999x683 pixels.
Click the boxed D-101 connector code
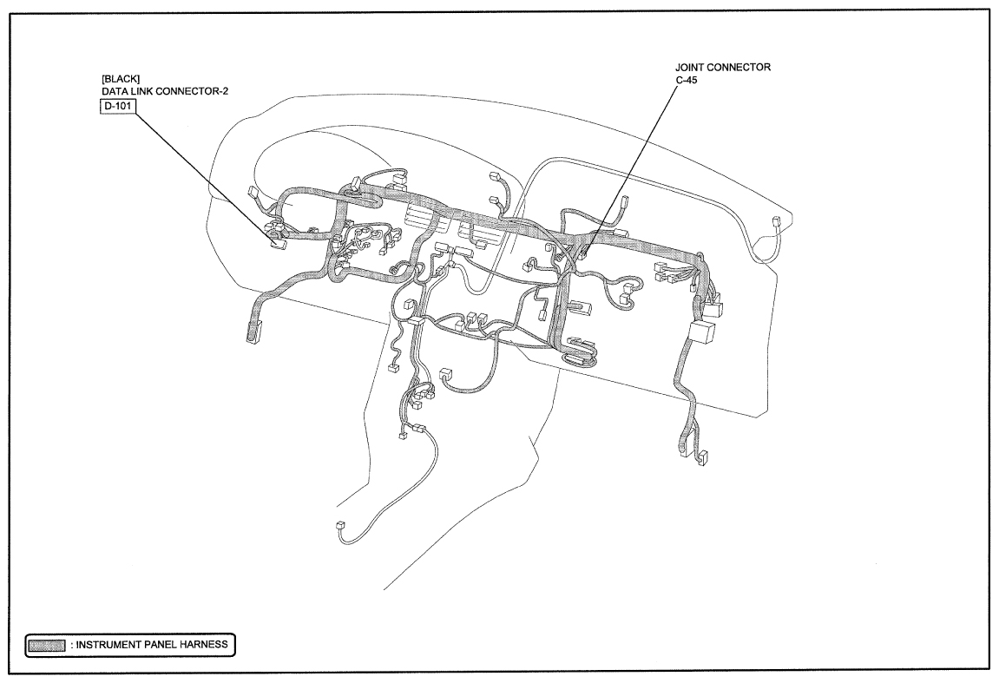117,106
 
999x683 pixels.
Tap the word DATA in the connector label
114,92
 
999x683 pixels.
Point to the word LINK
139,92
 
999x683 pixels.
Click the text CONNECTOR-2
190,92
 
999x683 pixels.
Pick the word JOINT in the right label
690,67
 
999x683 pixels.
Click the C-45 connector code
687,81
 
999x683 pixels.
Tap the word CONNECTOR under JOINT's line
739,67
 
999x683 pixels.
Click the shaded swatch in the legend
46,646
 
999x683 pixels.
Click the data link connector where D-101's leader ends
278,241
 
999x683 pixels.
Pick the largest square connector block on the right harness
701,332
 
